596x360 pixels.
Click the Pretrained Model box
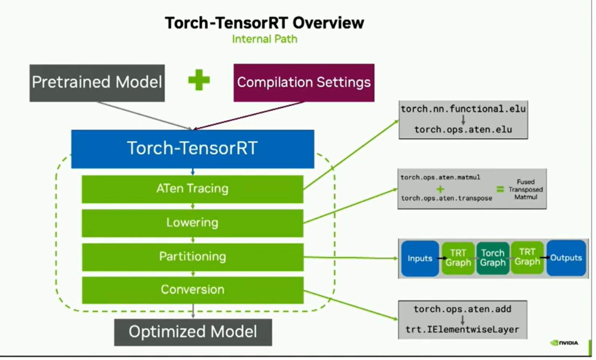(97, 83)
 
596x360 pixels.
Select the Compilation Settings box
(304, 83)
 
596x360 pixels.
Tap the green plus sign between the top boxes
(199, 80)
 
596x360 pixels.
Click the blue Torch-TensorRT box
(193, 149)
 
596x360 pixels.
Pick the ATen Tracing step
(192, 189)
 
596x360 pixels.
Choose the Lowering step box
(192, 223)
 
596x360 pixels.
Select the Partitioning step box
(193, 257)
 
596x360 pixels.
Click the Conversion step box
(193, 290)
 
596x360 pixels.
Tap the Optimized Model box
(193, 332)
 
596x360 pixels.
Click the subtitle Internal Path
(265, 39)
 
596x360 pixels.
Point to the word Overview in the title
(328, 23)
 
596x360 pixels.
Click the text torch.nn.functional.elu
(463, 109)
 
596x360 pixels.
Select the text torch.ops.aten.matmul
(440, 177)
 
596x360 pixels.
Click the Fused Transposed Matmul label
(525, 189)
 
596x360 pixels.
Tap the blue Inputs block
(420, 258)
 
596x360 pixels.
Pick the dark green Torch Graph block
(493, 258)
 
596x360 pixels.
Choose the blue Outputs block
(566, 258)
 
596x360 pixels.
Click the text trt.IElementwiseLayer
(463, 330)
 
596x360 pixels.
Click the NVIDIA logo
(564, 343)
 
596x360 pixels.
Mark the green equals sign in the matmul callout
(500, 189)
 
